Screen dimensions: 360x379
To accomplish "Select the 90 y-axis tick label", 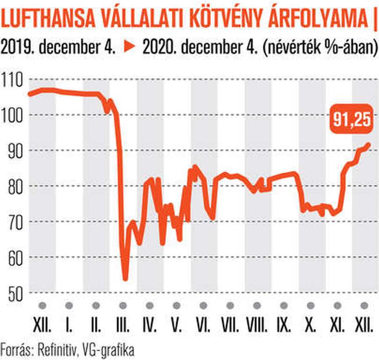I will tap(16, 151).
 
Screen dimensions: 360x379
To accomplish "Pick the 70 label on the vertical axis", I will tap(16, 222).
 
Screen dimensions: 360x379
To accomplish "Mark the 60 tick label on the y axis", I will tap(16, 257).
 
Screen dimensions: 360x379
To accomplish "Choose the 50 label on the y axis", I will tap(16, 293).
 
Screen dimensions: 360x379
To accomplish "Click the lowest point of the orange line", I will tap(125, 278).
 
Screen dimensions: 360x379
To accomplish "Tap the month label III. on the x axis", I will tap(123, 326).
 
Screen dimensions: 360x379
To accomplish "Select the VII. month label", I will tap(230, 326).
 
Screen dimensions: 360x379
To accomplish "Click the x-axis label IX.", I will tap(284, 326).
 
